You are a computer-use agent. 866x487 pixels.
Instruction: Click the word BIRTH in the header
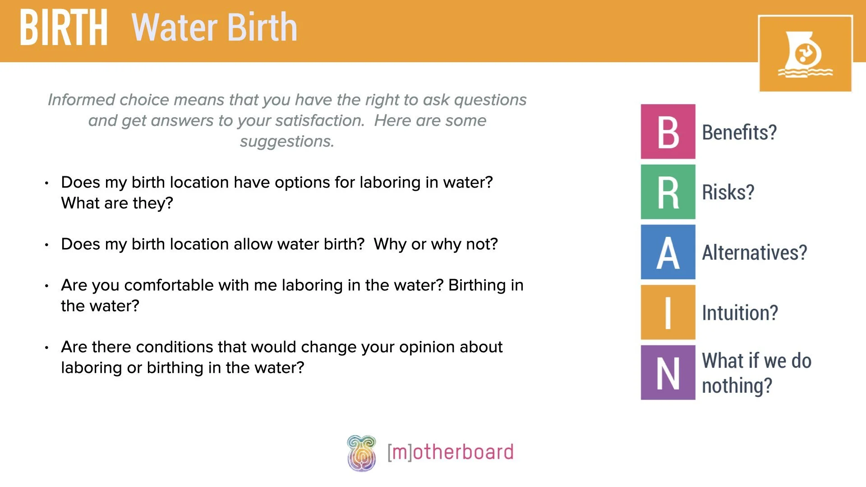pos(64,28)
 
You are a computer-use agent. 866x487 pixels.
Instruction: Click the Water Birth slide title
pos(214,28)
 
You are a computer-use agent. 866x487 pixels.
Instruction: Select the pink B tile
pos(668,132)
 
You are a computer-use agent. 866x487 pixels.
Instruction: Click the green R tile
pos(668,192)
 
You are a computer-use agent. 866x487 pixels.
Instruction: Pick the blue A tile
pos(668,252)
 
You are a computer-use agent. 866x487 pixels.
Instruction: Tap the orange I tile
pos(668,312)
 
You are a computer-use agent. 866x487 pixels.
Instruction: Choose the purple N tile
pos(668,372)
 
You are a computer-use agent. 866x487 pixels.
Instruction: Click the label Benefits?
pos(739,133)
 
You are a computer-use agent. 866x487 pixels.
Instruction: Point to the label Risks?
pos(728,193)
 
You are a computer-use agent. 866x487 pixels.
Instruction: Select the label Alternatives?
pos(754,253)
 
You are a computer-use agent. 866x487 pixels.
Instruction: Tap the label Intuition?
pos(740,313)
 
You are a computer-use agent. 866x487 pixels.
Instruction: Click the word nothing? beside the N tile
pos(737,386)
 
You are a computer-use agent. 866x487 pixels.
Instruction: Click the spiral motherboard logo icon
pos(361,453)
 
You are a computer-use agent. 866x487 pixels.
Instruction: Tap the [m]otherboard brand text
pos(451,452)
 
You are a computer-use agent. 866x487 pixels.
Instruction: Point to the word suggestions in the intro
pos(287,142)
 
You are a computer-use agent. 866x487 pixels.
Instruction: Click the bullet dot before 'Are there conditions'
pos(47,348)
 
